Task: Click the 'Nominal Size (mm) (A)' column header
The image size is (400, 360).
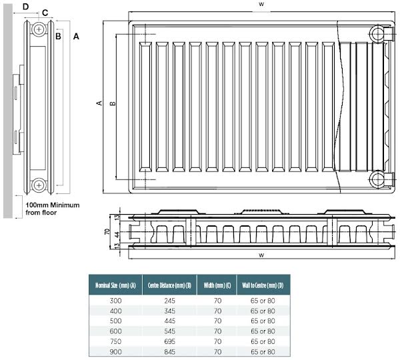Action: pos(117,285)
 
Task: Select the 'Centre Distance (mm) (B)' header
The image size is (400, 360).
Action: pos(169,285)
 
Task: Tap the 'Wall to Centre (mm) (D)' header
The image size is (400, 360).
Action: pos(262,285)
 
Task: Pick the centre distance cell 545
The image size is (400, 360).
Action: pos(169,331)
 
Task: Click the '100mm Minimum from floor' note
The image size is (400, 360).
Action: pos(52,209)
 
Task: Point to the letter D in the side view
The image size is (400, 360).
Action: pos(25,6)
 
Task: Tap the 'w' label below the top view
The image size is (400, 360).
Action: pos(262,255)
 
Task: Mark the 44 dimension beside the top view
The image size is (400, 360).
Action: pos(117,235)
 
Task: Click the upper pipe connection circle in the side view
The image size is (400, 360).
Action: pos(40,29)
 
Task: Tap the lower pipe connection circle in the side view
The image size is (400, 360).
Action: pos(40,184)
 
